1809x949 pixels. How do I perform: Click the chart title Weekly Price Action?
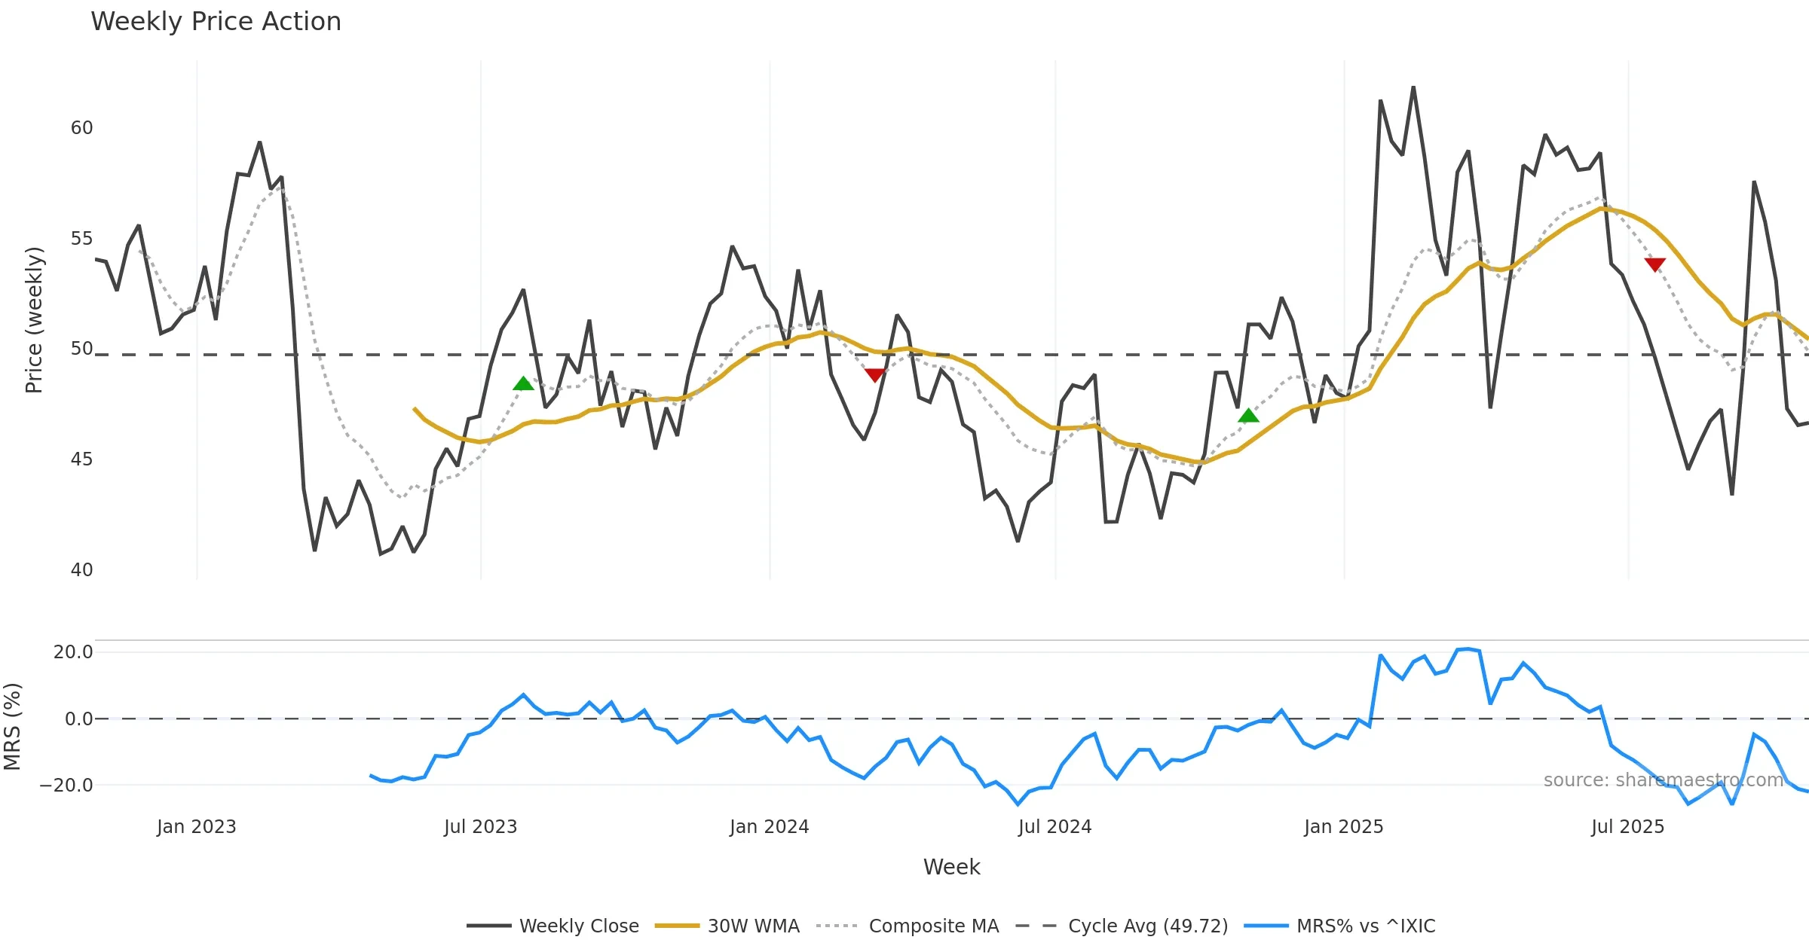pyautogui.click(x=216, y=22)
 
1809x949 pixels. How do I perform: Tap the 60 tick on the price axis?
pyautogui.click(x=81, y=128)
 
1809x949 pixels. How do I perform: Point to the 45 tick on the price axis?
pyautogui.click(x=81, y=459)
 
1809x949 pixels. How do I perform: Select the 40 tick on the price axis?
pyautogui.click(x=81, y=570)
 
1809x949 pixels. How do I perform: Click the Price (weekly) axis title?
pyautogui.click(x=34, y=320)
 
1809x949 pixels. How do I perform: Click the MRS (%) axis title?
pyautogui.click(x=12, y=727)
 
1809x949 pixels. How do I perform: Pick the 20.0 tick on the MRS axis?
pyautogui.click(x=73, y=652)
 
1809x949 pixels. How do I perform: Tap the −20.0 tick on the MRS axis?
pyautogui.click(x=66, y=786)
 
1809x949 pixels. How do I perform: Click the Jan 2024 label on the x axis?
pyautogui.click(x=769, y=827)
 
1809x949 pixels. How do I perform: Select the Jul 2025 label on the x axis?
pyautogui.click(x=1627, y=827)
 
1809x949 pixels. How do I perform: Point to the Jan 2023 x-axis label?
pyautogui.click(x=196, y=827)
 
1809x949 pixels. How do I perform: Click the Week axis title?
pyautogui.click(x=951, y=868)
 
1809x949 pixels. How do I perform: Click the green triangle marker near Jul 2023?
pyautogui.click(x=523, y=384)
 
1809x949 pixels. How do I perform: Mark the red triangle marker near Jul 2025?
pyautogui.click(x=1655, y=264)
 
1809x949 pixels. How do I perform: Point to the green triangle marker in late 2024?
pyautogui.click(x=1248, y=416)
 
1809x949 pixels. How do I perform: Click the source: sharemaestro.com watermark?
pyautogui.click(x=1663, y=780)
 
